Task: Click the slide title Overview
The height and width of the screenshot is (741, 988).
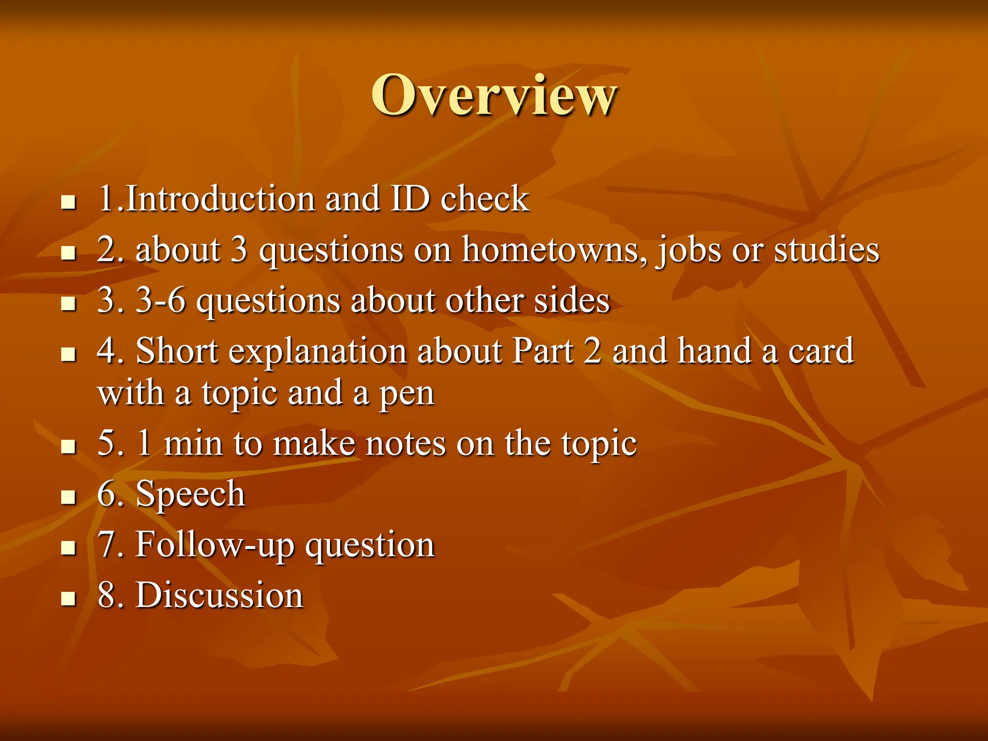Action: [x=494, y=95]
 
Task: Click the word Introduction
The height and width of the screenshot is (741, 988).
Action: [x=220, y=198]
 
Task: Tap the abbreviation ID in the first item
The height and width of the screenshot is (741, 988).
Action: [x=410, y=198]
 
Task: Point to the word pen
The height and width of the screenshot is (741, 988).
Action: [x=407, y=394]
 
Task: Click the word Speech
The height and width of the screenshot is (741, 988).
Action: [x=191, y=494]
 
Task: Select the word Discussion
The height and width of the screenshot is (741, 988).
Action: [x=220, y=595]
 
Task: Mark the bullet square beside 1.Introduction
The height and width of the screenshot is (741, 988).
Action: [x=69, y=202]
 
